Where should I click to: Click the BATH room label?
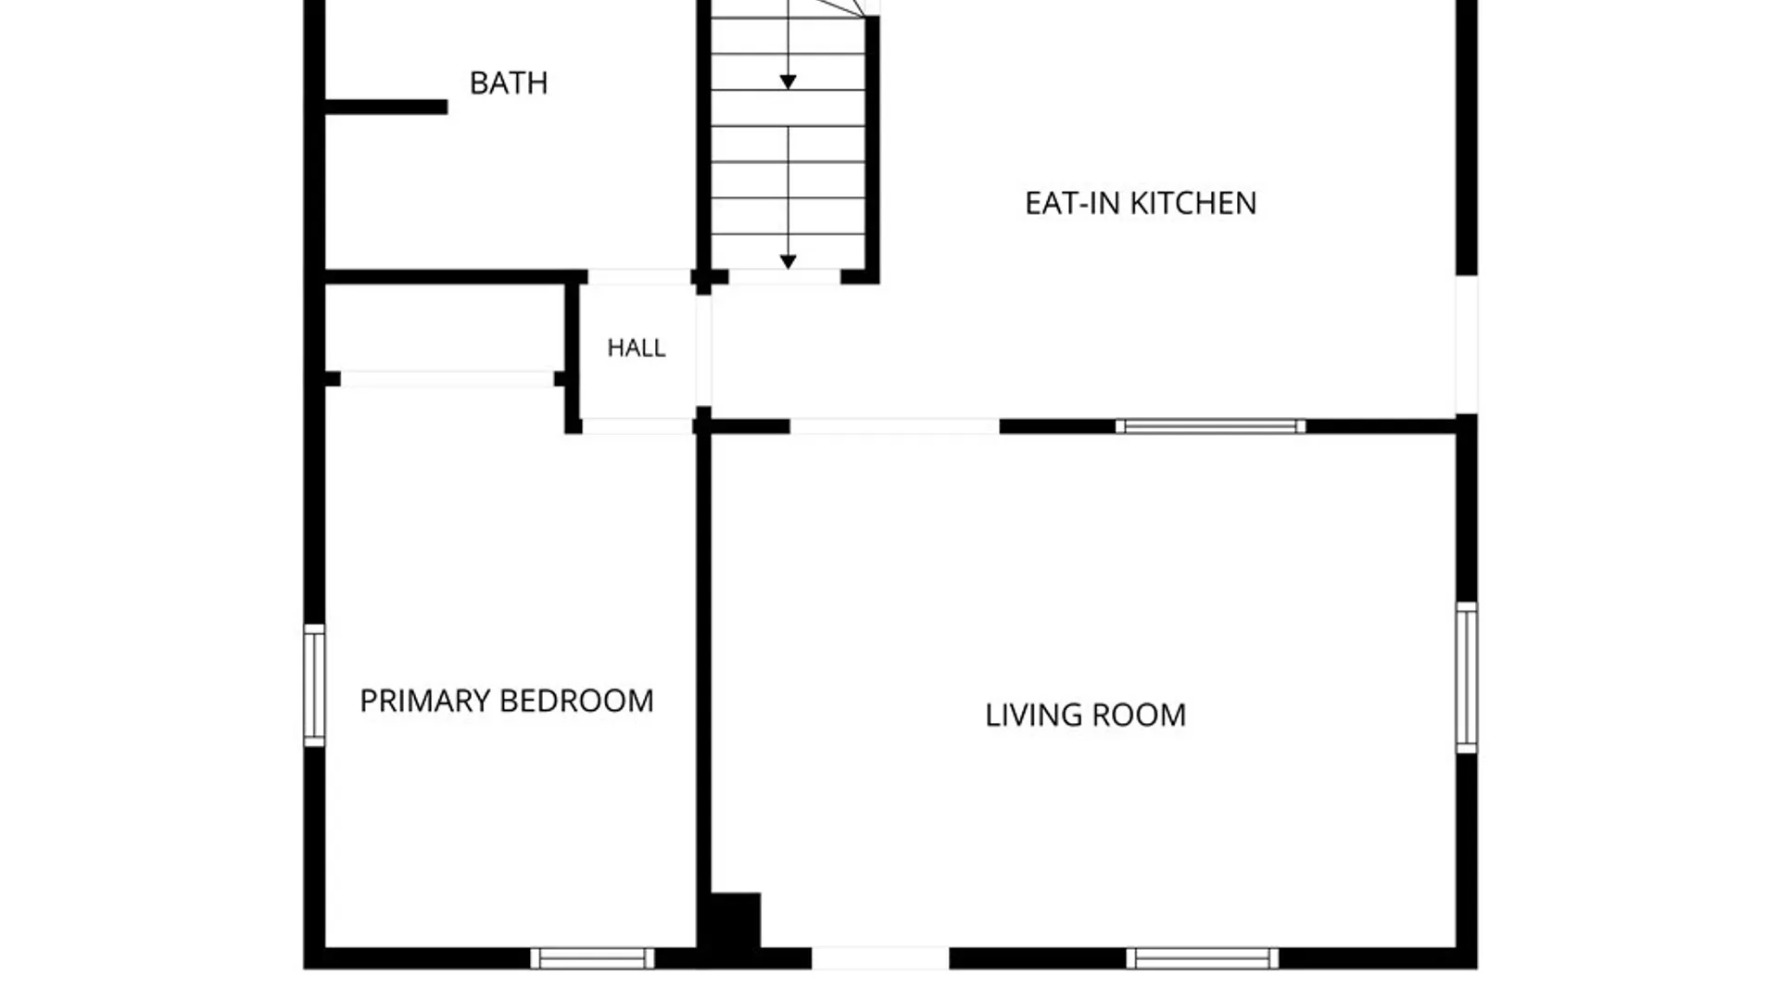(509, 83)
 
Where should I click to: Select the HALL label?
(637, 348)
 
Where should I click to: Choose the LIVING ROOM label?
(1085, 716)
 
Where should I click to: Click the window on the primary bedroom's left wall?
(314, 685)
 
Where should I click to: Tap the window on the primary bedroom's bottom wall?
(592, 958)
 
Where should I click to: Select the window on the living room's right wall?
(1466, 677)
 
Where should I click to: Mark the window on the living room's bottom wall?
(1202, 958)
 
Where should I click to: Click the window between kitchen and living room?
(1210, 426)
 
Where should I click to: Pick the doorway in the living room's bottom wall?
(880, 958)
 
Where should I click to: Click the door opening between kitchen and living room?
(894, 426)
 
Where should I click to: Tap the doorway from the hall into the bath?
(639, 276)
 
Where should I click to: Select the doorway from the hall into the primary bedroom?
(637, 426)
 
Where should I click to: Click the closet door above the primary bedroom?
(447, 379)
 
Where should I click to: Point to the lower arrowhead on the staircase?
(788, 262)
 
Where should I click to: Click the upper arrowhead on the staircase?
(788, 82)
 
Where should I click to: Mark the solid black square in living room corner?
(735, 920)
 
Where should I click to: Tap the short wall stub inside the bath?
(386, 108)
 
